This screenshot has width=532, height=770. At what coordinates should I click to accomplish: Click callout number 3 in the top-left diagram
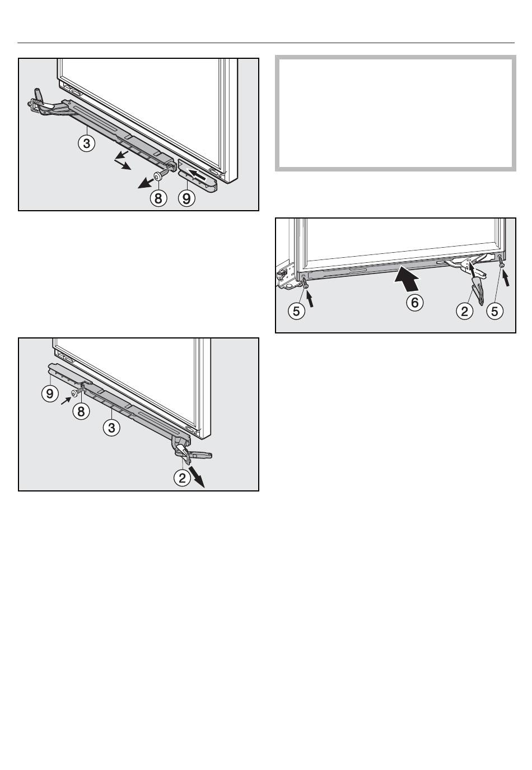pyautogui.click(x=87, y=143)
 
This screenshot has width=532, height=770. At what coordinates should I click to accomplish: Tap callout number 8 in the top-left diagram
pyautogui.click(x=158, y=198)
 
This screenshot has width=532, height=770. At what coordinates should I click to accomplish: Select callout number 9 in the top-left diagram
pyautogui.click(x=186, y=198)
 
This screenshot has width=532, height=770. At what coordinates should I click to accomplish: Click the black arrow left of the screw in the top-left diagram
pyautogui.click(x=145, y=183)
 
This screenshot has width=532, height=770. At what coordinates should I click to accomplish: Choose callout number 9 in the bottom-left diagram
pyautogui.click(x=50, y=393)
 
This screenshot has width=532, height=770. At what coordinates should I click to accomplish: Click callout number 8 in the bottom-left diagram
pyautogui.click(x=81, y=411)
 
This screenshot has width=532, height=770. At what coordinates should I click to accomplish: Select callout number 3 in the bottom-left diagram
pyautogui.click(x=111, y=428)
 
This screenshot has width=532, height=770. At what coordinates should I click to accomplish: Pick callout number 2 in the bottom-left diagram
pyautogui.click(x=182, y=478)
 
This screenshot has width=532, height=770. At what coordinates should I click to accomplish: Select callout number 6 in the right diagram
pyautogui.click(x=414, y=303)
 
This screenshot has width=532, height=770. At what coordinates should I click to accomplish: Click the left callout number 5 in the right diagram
pyautogui.click(x=296, y=311)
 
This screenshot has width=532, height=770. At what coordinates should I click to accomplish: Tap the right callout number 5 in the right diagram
pyautogui.click(x=494, y=311)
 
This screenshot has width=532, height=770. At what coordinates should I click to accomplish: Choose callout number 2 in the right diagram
pyautogui.click(x=464, y=311)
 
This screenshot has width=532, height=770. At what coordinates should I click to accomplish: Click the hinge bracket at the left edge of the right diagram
pyautogui.click(x=285, y=275)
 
